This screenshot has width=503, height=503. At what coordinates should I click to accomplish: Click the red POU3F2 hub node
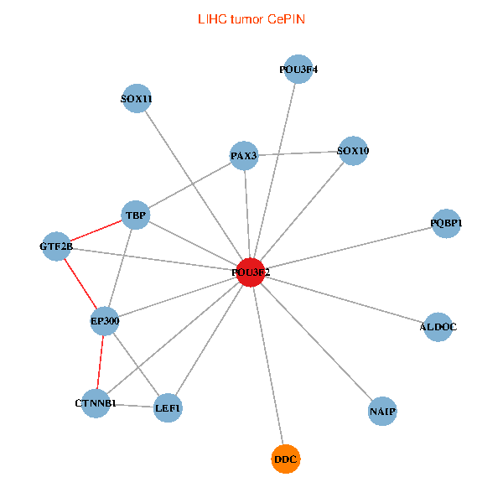[251, 272]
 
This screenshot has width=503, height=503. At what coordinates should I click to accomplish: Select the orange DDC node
[286, 459]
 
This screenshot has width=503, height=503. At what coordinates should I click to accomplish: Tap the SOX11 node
[136, 99]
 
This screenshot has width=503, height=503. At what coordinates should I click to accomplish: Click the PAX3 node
[243, 155]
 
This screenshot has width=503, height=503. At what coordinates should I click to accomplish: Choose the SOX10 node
[353, 151]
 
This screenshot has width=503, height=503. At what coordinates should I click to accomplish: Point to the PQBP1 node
[446, 223]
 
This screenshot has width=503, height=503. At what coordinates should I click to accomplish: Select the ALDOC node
[438, 326]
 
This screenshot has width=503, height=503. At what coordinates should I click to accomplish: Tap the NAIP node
[382, 411]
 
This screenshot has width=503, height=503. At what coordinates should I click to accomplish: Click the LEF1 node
[168, 408]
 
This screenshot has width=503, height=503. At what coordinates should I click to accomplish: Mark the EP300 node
[105, 320]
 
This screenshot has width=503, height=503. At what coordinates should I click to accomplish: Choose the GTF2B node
[56, 246]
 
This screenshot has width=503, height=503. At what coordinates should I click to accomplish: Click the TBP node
[136, 215]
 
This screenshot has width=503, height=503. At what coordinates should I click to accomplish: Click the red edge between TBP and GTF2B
[96, 231]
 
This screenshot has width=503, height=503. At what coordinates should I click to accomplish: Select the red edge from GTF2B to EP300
[80, 283]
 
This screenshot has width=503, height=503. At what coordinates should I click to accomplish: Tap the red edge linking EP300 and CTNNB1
[101, 362]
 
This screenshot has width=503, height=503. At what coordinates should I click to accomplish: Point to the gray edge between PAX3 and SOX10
[298, 153]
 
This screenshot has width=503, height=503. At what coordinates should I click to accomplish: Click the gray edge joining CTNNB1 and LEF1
[132, 406]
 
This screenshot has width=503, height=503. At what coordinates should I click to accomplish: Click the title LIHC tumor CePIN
[251, 18]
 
